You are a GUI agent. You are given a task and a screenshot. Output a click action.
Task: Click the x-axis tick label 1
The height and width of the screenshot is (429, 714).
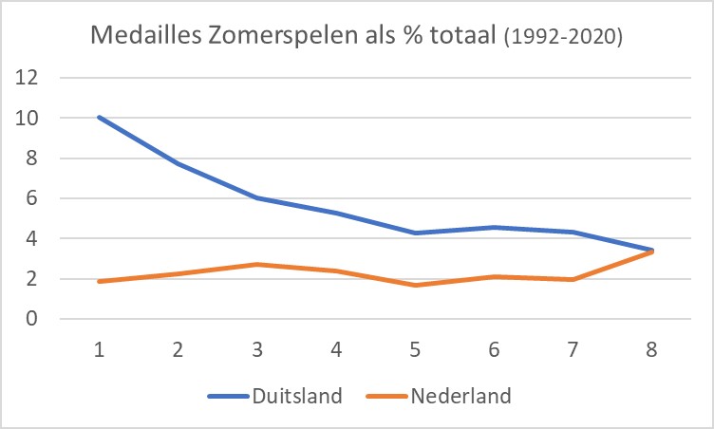tap(99, 348)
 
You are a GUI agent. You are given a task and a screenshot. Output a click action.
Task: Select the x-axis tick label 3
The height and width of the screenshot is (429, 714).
tap(258, 348)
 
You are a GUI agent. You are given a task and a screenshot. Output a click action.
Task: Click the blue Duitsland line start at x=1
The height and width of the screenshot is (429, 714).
tap(99, 118)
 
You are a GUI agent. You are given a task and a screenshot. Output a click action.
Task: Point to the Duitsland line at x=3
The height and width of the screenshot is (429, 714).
tap(258, 198)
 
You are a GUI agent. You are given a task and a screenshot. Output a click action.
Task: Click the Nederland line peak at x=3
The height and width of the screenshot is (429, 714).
tap(258, 264)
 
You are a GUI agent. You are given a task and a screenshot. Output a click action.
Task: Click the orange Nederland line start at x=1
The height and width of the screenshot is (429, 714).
tap(99, 281)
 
